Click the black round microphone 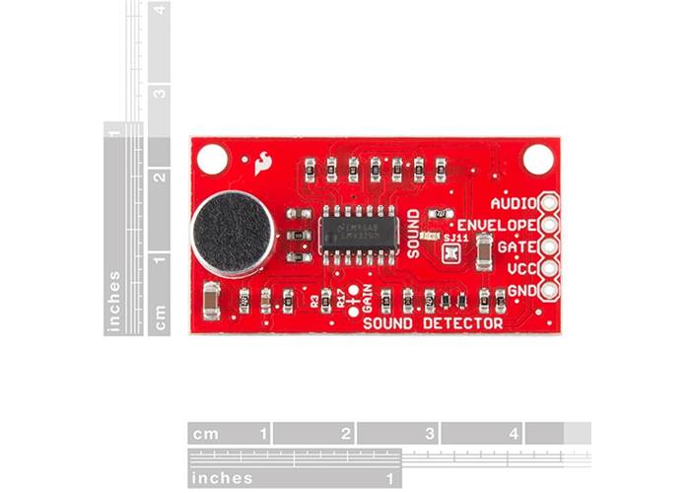pyautogui.click(x=233, y=234)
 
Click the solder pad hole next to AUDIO pyautogui.click(x=547, y=203)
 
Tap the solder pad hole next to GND pyautogui.click(x=547, y=290)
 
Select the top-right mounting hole pyautogui.click(x=538, y=158)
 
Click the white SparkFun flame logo pyautogui.click(x=263, y=163)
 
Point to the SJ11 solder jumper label pyautogui.click(x=455, y=238)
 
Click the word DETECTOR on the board pyautogui.click(x=461, y=323)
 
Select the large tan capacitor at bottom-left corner pyautogui.click(x=210, y=300)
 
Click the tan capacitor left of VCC pyautogui.click(x=483, y=255)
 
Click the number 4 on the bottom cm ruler pyautogui.click(x=514, y=433)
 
